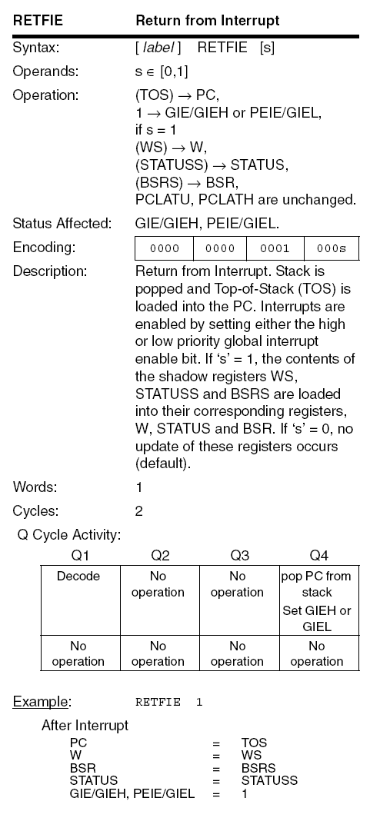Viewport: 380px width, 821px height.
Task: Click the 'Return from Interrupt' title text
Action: coord(207,20)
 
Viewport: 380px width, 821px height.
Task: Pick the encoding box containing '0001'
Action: coord(275,248)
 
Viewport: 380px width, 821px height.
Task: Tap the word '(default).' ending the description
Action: coord(165,464)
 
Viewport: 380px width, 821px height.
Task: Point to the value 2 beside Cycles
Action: coord(139,510)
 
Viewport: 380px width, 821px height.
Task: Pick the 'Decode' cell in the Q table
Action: coord(78,576)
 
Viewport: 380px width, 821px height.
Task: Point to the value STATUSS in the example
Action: coord(269,780)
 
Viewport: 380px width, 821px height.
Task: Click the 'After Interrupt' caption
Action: coord(85,725)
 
